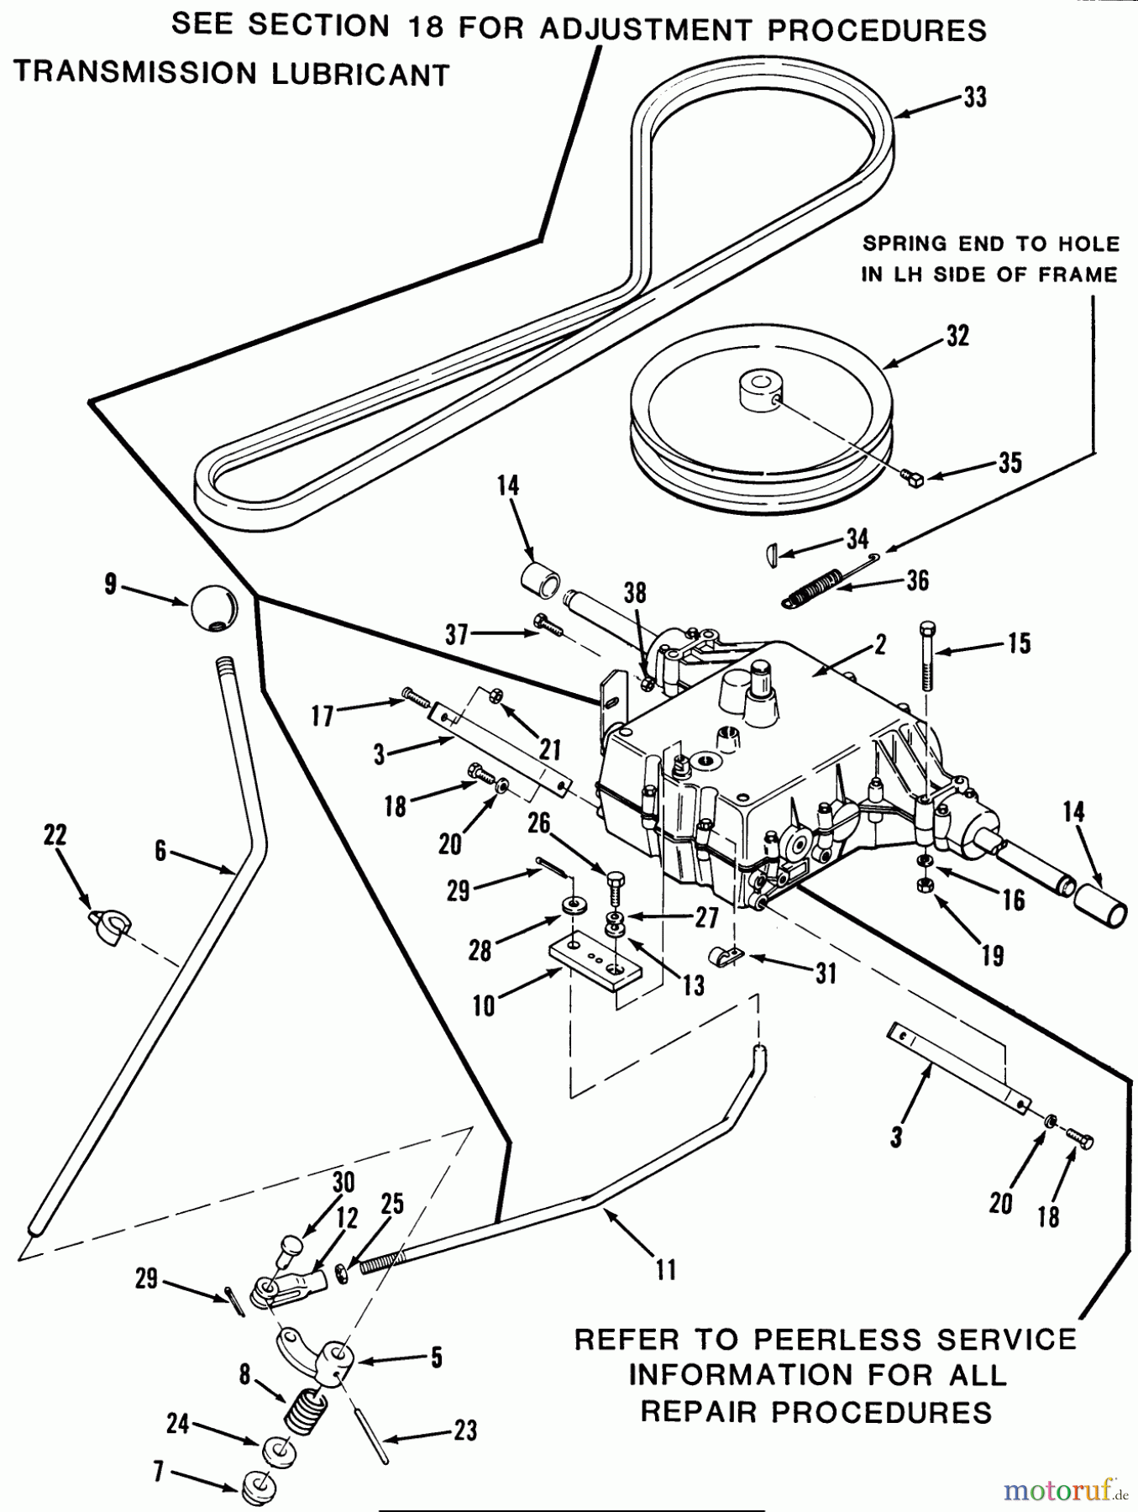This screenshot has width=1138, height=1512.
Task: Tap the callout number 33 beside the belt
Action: pyautogui.click(x=974, y=97)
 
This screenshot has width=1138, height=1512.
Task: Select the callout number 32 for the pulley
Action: pyautogui.click(x=957, y=336)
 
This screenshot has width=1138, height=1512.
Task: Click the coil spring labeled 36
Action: pyautogui.click(x=815, y=586)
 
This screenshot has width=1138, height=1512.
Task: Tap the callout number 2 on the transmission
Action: pyautogui.click(x=880, y=644)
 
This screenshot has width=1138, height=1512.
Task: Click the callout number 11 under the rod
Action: pyautogui.click(x=665, y=1269)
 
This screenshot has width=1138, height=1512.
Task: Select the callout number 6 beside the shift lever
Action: pyautogui.click(x=160, y=852)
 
